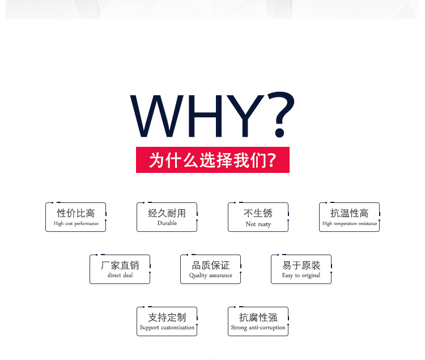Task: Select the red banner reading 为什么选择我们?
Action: click(x=212, y=160)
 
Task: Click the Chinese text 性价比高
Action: click(x=76, y=213)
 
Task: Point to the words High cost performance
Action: click(x=76, y=223)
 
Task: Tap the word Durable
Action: click(x=167, y=223)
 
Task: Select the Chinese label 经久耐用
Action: click(x=167, y=213)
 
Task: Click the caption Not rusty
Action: click(x=258, y=224)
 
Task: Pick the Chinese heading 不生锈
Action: click(x=258, y=213)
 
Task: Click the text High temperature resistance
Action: click(x=350, y=223)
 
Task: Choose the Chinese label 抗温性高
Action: click(x=350, y=213)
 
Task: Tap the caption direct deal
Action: click(x=120, y=276)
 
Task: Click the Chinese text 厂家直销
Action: click(x=120, y=265)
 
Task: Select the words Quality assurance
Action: click(x=211, y=276)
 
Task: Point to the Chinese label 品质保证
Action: click(x=211, y=265)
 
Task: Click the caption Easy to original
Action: click(x=301, y=276)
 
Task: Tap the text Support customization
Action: click(x=167, y=328)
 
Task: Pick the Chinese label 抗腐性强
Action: click(x=258, y=317)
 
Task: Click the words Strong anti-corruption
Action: click(x=258, y=328)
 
